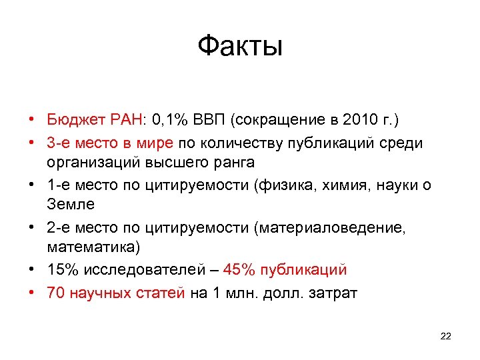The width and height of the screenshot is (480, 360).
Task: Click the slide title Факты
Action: coord(240,47)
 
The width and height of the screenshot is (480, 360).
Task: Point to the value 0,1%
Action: coord(153,120)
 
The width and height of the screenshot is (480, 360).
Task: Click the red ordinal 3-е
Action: coord(59,142)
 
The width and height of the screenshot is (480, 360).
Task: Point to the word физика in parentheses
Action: coord(286,185)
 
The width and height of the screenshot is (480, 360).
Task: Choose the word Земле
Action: coord(71,205)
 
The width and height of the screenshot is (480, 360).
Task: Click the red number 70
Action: coord(55,291)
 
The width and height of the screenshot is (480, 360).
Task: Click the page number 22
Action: coord(446,336)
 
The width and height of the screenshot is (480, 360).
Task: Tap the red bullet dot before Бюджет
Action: coord(32,121)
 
